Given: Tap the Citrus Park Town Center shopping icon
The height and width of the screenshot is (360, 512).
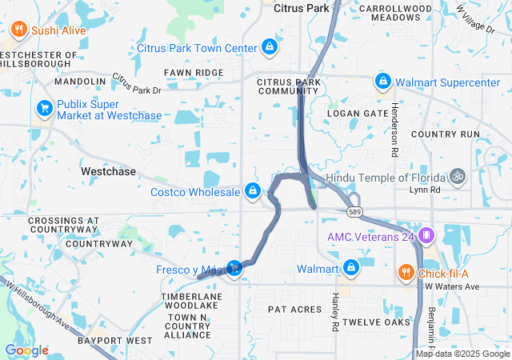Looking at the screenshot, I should [x=270, y=47].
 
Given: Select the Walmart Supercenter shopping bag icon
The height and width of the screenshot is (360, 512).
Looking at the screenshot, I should [x=383, y=81].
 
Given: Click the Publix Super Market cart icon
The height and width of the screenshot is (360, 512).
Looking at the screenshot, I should [x=44, y=108].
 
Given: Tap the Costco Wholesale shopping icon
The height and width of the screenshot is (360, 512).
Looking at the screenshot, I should [x=253, y=191].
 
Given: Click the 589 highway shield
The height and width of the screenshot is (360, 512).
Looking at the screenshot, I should [x=354, y=212].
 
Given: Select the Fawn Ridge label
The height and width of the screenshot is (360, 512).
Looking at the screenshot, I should [x=194, y=73].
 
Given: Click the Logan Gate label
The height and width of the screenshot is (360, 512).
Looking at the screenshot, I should [x=358, y=114].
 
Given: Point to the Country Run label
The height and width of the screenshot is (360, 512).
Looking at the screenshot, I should [x=446, y=134].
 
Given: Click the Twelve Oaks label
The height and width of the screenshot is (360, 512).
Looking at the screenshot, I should [x=375, y=322].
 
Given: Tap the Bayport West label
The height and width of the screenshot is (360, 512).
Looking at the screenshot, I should [x=115, y=341].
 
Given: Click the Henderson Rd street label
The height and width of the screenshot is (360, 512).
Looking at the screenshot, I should [x=394, y=128].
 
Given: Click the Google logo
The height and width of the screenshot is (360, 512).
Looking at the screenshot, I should [x=26, y=350].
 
